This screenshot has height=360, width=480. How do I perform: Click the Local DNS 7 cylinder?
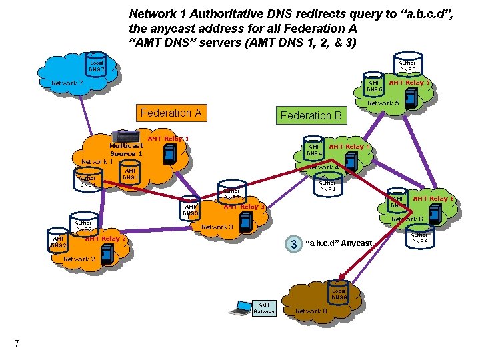coord(97,65)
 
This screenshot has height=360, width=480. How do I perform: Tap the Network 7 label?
coord(67,83)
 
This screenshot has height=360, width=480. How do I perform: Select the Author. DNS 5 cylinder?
coord(407,65)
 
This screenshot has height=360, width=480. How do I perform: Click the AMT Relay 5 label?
coord(408,83)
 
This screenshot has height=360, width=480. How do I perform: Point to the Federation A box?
coord(171,113)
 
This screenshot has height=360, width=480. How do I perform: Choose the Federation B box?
coord(311,115)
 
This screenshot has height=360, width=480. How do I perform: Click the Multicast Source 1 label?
coord(126,149)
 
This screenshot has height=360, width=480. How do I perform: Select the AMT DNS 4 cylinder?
coord(313,149)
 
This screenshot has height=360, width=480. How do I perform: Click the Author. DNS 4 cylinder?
coord(327,185)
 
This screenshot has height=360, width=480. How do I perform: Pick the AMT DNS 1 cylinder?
coord(131,174)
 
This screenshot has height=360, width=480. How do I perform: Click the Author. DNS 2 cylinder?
coord(83,226)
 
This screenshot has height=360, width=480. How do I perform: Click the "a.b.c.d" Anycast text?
coord(338,243)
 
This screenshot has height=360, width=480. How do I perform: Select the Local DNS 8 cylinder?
coord(339,294)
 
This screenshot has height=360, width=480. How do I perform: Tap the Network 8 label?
coord(311,311)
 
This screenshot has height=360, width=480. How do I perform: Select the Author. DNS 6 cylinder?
coord(420,237)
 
